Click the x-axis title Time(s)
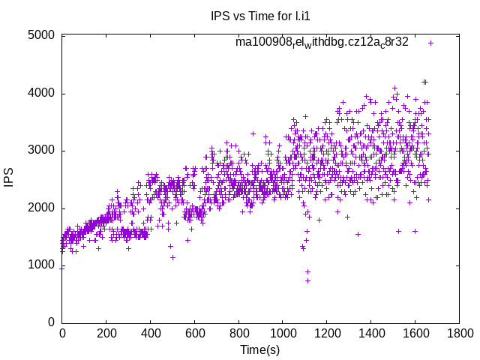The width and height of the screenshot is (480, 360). pyautogui.click(x=259, y=350)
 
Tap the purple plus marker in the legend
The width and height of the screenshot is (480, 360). pyautogui.click(x=430, y=43)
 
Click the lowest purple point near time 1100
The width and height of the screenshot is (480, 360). pyautogui.click(x=307, y=280)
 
